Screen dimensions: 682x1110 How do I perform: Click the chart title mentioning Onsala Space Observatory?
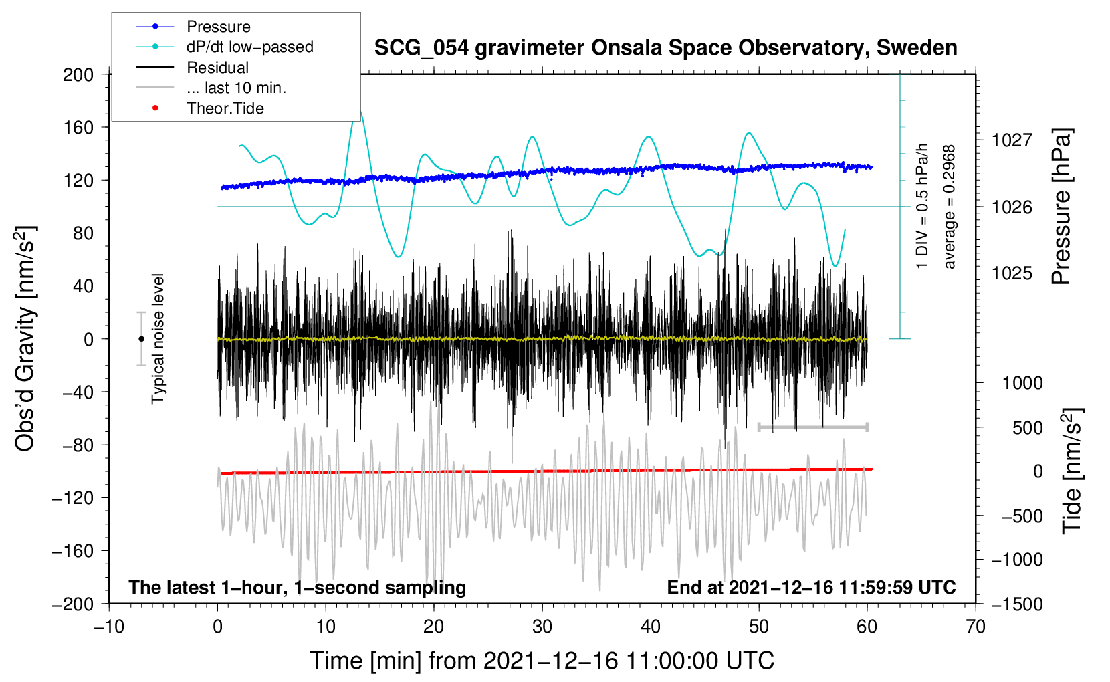665,48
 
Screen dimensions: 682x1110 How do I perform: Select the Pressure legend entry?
218,27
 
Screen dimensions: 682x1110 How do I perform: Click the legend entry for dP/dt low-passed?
249,47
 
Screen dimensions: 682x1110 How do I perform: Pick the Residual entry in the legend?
217,68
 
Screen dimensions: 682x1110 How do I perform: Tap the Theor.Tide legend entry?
225,108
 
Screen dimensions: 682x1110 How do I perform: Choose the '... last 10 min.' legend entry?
236,88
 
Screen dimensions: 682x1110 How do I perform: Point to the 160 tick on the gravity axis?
78,127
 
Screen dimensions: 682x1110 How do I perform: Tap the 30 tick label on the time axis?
542,627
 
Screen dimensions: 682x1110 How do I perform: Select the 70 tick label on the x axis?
976,627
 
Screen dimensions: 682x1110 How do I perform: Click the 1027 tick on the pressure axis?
1012,140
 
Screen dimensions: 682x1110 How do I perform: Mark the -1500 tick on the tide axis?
1016,604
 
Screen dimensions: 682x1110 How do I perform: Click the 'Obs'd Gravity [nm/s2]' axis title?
25,339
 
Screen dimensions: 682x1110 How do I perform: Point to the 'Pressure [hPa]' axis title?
1061,207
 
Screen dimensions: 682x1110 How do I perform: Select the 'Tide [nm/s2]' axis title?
1072,470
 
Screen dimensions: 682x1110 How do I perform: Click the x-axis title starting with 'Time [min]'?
542,661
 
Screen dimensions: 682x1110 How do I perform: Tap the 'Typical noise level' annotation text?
158,339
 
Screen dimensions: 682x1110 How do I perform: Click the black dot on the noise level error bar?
141,339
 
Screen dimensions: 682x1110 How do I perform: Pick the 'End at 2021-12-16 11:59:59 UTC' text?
811,588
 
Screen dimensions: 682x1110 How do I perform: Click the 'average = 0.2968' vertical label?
950,207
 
